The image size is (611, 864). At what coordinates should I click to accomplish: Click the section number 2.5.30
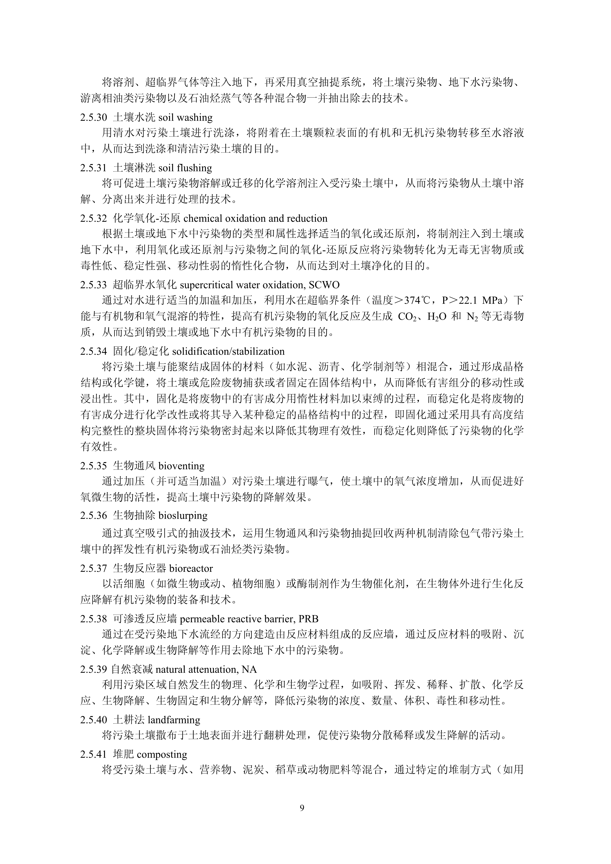click(94, 117)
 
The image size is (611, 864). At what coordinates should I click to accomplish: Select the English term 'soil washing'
click(185, 117)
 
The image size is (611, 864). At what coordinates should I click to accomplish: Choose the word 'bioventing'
click(182, 466)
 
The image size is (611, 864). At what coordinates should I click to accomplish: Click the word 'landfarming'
click(174, 720)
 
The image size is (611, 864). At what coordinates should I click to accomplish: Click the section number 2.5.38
click(94, 619)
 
